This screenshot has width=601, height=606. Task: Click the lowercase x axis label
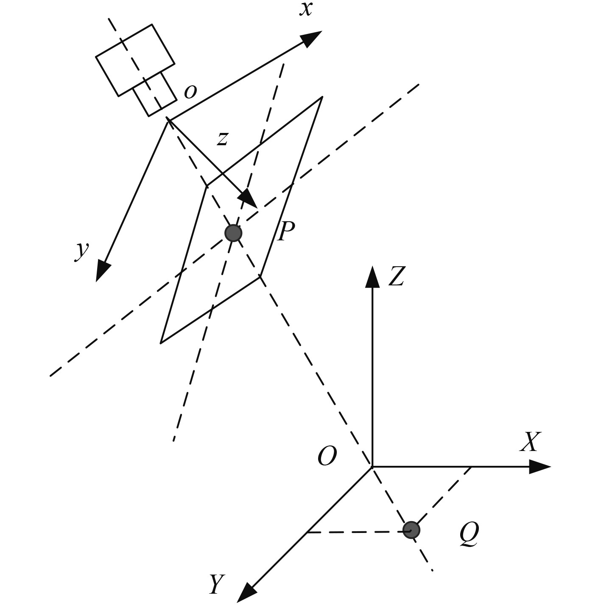[306, 9]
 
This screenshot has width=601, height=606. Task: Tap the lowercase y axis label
[82, 250]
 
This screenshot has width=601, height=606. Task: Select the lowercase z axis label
[222, 138]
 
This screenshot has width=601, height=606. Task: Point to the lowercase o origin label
[190, 91]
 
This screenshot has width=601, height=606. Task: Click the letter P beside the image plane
[285, 231]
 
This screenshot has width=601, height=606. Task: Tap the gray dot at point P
[233, 233]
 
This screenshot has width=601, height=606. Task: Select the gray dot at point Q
[411, 530]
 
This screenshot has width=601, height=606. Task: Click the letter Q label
[469, 534]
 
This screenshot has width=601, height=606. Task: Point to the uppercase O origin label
[327, 457]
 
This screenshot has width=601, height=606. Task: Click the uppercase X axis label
[530, 442]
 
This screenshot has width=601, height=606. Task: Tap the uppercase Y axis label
[217, 584]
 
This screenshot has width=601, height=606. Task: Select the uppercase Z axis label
[397, 276]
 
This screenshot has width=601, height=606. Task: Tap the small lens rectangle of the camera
[155, 94]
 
